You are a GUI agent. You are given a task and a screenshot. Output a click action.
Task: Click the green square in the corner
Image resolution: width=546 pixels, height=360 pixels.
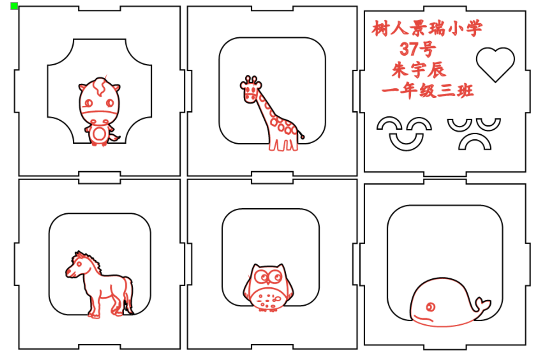[14, 6]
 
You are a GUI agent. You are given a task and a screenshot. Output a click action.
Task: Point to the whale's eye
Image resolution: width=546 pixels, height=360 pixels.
[430, 307]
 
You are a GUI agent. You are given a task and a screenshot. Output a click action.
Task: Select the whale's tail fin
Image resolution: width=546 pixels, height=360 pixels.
[483, 304]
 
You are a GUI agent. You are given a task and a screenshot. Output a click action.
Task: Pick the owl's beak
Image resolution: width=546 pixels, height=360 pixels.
[268, 282]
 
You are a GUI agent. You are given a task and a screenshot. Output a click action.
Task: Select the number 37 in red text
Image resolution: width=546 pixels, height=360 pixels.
[408, 49]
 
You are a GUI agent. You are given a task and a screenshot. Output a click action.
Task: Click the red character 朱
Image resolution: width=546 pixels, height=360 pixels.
[400, 70]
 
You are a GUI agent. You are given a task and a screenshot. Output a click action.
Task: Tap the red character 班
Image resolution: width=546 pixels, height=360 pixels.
[465, 91]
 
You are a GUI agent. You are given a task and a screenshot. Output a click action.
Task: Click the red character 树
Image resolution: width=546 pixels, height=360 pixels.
[380, 28]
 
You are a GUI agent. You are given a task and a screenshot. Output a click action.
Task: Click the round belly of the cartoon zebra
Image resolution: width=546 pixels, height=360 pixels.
[99, 133]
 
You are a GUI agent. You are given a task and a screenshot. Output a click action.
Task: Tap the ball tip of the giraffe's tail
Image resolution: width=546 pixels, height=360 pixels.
[302, 137]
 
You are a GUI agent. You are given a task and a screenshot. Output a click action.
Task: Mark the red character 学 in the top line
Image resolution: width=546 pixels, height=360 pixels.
[474, 28]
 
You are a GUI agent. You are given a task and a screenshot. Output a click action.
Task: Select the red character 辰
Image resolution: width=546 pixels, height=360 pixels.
[437, 70]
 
